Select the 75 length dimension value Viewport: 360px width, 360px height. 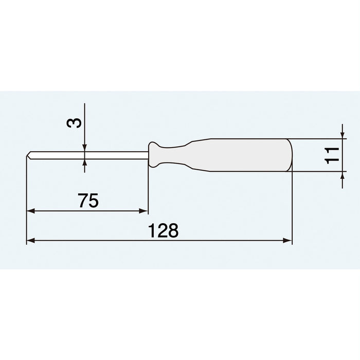click(88, 201)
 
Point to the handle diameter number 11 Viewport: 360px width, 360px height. click(332, 155)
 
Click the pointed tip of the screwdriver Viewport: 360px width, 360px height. click(27, 154)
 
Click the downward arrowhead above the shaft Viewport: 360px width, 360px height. click(85, 147)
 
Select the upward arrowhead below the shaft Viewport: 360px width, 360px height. click(85, 163)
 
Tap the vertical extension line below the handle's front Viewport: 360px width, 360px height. click(148, 190)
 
